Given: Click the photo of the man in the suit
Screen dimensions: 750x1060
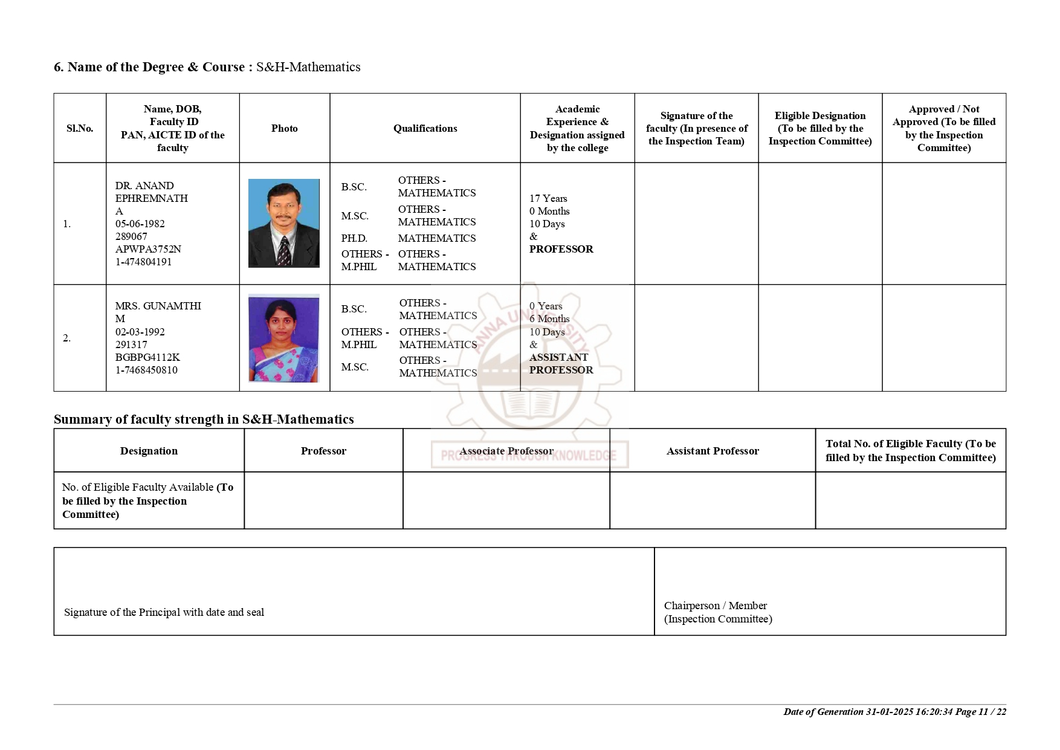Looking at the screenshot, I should pyautogui.click(x=283, y=223).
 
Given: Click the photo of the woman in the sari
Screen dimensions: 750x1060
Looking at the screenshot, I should pyautogui.click(x=283, y=338).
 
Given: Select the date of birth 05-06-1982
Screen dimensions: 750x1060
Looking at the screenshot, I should pyautogui.click(x=140, y=224).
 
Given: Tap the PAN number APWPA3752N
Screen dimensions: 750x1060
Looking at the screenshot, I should pyautogui.click(x=148, y=249).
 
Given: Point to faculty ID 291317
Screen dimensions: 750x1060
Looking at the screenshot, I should pyautogui.click(x=131, y=344).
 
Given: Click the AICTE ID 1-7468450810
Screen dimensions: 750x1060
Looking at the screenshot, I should pyautogui.click(x=146, y=370).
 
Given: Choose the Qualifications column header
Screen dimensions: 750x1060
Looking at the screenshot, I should pyautogui.click(x=425, y=128).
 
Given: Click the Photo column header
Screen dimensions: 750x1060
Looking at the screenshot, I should pyautogui.click(x=284, y=128).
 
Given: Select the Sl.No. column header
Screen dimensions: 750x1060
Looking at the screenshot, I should pyautogui.click(x=80, y=128).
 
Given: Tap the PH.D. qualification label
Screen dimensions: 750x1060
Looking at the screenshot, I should pyautogui.click(x=354, y=238).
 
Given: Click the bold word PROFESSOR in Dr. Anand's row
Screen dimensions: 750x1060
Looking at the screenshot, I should pyautogui.click(x=561, y=249).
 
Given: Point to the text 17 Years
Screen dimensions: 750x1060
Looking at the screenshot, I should pyautogui.click(x=548, y=198).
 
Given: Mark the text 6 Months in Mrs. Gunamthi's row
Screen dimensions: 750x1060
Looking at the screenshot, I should pyautogui.click(x=549, y=318).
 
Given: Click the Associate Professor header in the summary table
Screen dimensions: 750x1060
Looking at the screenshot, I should pyautogui.click(x=506, y=451).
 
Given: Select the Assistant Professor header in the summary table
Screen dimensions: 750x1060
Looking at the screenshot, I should pyautogui.click(x=713, y=451).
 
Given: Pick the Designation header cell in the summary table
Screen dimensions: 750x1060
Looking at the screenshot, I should pyautogui.click(x=149, y=451).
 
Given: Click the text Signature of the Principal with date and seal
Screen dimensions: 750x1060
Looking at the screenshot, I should pyautogui.click(x=164, y=612).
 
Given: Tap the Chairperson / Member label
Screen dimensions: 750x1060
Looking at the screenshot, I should pyautogui.click(x=716, y=606).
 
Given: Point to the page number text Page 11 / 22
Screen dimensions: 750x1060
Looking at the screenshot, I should pyautogui.click(x=981, y=712).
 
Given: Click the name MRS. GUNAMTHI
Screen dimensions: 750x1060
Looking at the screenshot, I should pyautogui.click(x=158, y=306).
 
